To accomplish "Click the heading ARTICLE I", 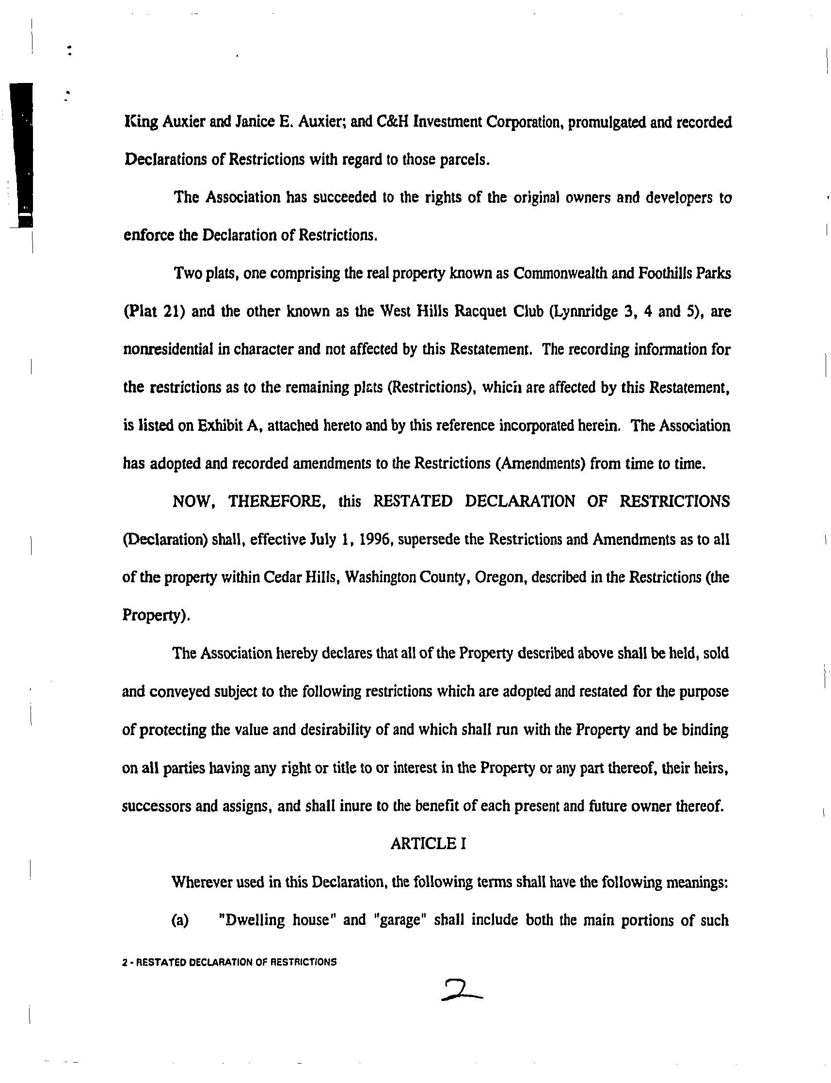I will tap(428, 843).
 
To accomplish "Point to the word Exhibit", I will tap(219, 426).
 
